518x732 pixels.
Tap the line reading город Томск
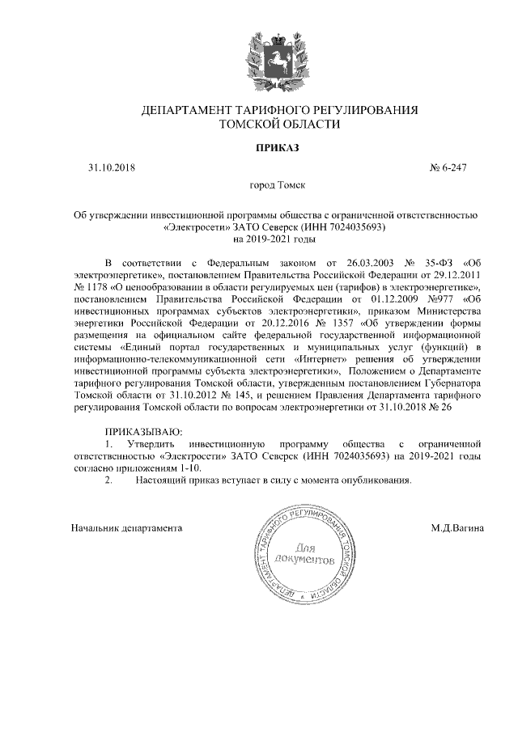[278, 186]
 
